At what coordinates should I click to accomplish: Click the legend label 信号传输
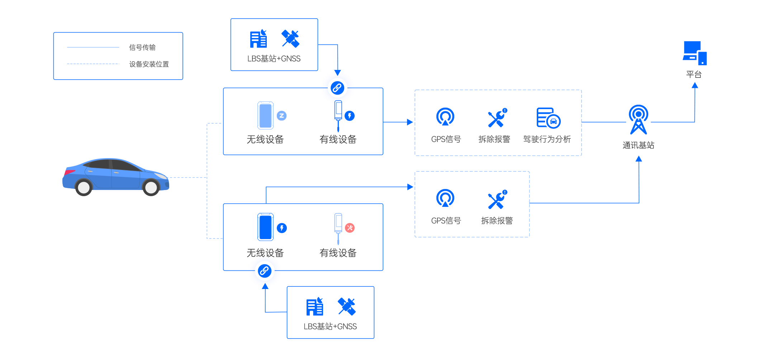[x=142, y=47]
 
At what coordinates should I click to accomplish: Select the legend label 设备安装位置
[x=149, y=64]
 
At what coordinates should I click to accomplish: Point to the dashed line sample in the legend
[x=93, y=64]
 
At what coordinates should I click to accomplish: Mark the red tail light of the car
[x=68, y=172]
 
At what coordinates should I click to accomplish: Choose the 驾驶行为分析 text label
[x=547, y=139]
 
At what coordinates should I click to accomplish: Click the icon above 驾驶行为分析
[x=549, y=118]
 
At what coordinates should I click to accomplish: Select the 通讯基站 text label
[x=638, y=145]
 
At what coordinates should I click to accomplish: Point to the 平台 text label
[x=694, y=74]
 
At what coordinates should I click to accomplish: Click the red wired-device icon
[x=349, y=228]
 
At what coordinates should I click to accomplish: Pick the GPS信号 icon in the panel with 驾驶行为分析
[x=445, y=117]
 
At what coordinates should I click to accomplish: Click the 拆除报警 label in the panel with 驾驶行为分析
[x=494, y=139]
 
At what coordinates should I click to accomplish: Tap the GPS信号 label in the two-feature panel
[x=446, y=221]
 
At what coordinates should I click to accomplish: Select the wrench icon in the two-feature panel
[x=497, y=199]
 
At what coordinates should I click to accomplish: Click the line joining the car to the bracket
[x=188, y=177]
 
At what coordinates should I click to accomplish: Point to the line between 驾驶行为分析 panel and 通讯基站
[x=604, y=122]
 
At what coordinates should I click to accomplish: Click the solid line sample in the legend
[x=93, y=47]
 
